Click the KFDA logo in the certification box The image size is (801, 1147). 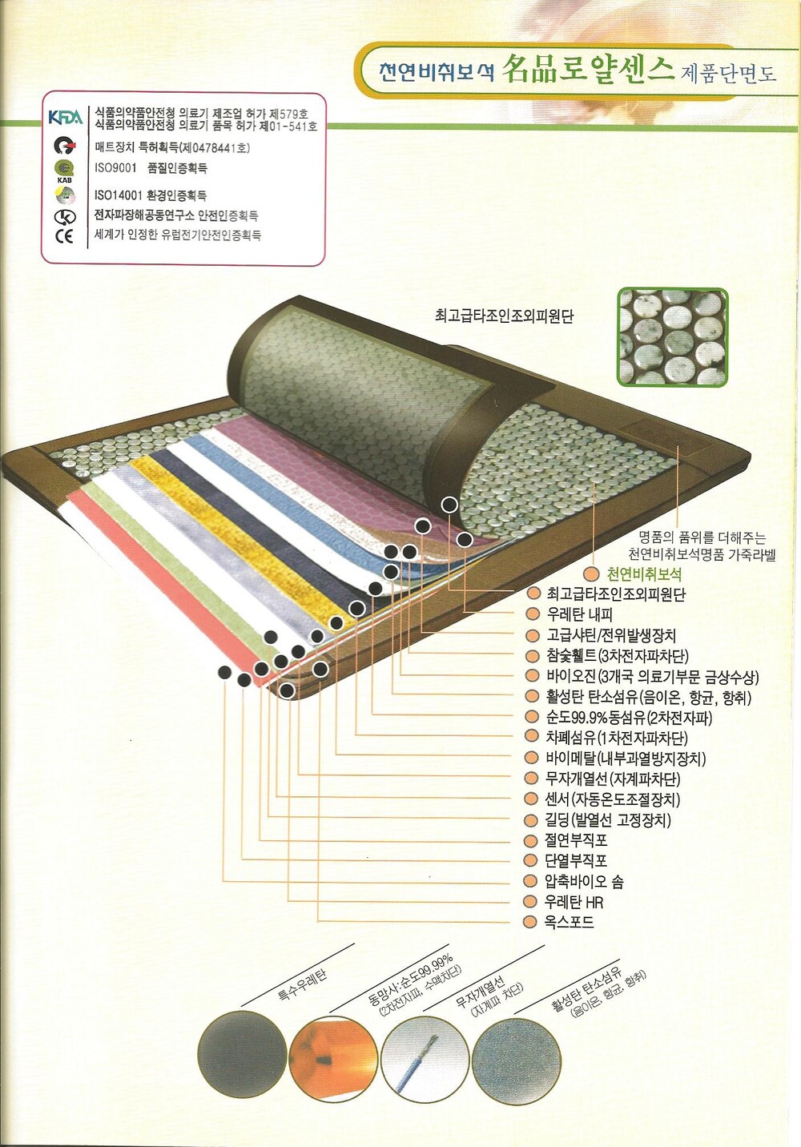65,118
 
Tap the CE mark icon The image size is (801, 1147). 64,236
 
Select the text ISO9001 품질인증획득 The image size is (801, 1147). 151,168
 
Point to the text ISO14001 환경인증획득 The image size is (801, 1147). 151,195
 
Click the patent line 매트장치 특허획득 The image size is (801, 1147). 171,147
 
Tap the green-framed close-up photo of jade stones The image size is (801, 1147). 672,337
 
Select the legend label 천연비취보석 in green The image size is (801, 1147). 644,574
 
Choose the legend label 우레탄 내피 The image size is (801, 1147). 579,615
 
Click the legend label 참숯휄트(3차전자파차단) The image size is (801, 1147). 617,656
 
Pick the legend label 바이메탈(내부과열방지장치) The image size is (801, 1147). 626,759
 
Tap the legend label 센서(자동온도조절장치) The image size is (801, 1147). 613,799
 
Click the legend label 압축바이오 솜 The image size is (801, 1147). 584,882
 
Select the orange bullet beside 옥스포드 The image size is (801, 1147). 529,923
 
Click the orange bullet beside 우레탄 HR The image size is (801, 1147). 529,902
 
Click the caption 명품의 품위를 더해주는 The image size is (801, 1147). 702,537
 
